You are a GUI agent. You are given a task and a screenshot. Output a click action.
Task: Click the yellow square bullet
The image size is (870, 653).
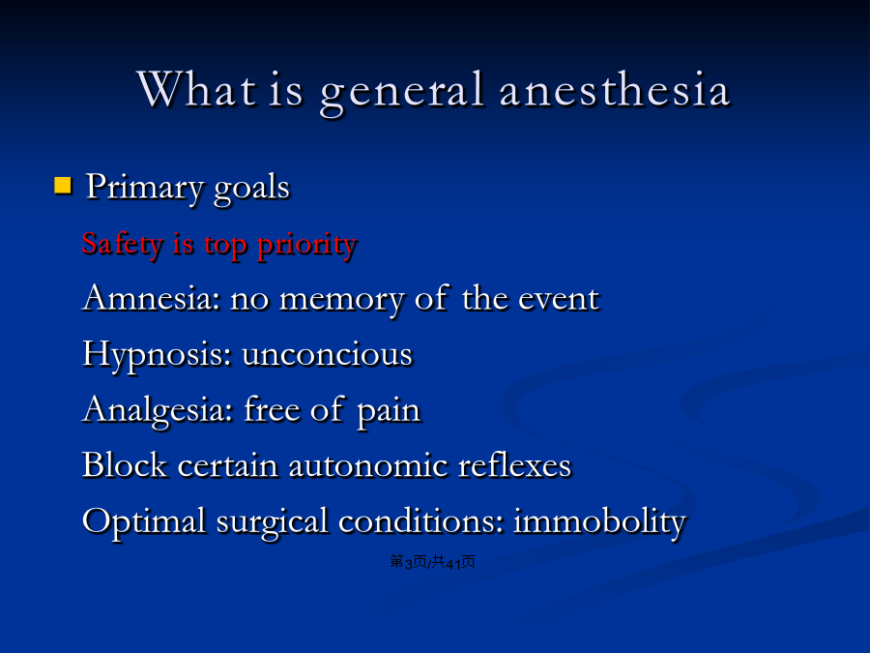pos(63,185)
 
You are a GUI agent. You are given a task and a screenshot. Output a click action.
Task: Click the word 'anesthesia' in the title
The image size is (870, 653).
pos(614,90)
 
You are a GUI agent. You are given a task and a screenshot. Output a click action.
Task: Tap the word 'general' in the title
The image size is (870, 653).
pos(402,92)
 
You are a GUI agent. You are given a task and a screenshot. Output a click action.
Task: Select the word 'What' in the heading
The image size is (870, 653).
pos(197,89)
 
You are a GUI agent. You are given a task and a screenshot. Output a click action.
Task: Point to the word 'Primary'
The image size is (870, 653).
pos(144,188)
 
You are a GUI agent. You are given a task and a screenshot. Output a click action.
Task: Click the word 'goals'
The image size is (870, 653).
pos(252,189)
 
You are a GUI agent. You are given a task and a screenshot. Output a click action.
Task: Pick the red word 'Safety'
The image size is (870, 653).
pos(122,245)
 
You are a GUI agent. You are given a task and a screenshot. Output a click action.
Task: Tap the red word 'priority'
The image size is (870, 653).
pos(306,246)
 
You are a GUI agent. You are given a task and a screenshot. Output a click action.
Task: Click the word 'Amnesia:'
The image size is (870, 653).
pos(151,298)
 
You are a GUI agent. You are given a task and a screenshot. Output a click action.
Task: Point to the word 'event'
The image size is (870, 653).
pos(559,299)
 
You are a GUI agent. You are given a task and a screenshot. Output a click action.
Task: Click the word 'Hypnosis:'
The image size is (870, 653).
pos(157,355)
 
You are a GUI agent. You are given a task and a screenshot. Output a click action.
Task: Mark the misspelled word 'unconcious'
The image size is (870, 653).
pos(328,354)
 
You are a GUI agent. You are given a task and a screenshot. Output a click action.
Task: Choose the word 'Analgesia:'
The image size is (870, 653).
pos(157,411)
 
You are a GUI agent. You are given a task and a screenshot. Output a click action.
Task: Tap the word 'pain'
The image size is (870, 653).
pos(389,412)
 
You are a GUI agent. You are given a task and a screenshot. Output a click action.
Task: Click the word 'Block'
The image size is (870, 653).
pos(125,464)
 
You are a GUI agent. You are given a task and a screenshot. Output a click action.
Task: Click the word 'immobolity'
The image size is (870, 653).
pos(599,522)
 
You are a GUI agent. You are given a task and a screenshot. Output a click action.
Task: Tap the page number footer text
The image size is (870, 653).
pos(432,562)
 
